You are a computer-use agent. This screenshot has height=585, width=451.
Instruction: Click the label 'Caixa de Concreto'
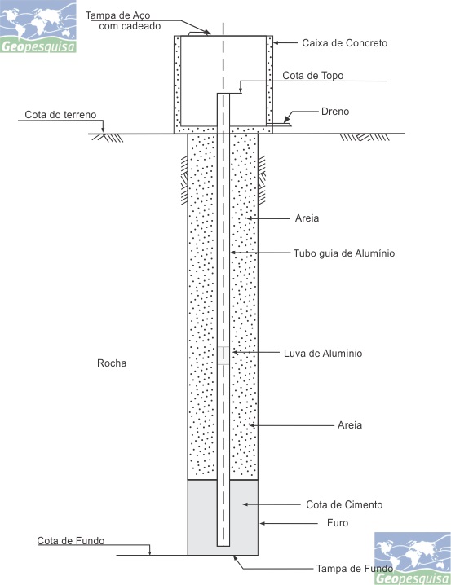345,43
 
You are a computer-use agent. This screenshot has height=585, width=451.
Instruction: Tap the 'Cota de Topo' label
313,75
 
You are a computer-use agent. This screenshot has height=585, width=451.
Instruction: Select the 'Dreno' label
335,112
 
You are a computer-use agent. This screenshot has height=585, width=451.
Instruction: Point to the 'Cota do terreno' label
60,115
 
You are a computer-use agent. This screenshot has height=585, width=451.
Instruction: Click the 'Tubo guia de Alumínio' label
344,253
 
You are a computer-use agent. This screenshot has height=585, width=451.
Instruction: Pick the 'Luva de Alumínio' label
323,354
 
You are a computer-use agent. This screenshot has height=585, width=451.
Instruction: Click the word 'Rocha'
112,363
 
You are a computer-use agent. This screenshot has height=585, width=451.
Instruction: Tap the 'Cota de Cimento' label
344,505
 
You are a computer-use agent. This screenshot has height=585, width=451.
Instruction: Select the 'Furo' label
338,523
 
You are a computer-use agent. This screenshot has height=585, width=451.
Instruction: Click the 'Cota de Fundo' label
71,541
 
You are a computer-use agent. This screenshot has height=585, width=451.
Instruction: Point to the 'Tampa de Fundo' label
354,569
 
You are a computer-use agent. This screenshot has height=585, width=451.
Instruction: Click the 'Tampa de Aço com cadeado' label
123,20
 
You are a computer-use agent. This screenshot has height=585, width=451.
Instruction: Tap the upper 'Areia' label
307,218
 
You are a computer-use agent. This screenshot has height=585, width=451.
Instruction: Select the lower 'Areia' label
349,425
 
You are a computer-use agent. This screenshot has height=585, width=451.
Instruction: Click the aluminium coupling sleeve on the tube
223,355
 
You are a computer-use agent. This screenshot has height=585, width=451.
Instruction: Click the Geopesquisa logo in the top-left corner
38,27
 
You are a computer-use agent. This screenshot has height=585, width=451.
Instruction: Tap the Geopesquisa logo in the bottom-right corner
413,558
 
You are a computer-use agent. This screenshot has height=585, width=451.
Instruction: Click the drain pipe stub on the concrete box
279,125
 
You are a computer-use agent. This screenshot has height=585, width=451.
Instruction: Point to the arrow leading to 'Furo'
289,523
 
